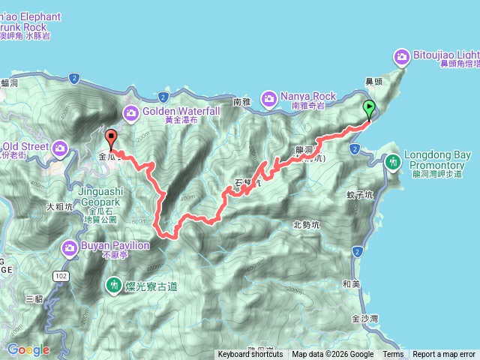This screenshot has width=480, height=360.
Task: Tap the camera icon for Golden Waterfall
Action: click(132, 112)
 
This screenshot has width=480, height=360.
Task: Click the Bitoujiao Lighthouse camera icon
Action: click(402, 56)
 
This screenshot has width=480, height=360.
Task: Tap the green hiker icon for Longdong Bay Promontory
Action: click(393, 161)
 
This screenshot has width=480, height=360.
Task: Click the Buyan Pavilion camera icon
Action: click(70, 246)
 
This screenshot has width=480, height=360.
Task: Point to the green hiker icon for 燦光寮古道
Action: click(113, 285)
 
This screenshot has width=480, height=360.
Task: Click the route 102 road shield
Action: click(60, 277)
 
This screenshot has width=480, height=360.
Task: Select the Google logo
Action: click(28, 349)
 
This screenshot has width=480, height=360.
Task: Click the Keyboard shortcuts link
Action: click(250, 355)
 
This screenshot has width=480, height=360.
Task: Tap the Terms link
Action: click(393, 355)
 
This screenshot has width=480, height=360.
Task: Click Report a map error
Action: click(444, 355)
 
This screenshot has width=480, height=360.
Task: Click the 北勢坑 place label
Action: click(305, 224)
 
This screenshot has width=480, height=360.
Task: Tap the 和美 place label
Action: click(350, 284)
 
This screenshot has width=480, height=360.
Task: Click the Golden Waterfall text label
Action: click(181, 111)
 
